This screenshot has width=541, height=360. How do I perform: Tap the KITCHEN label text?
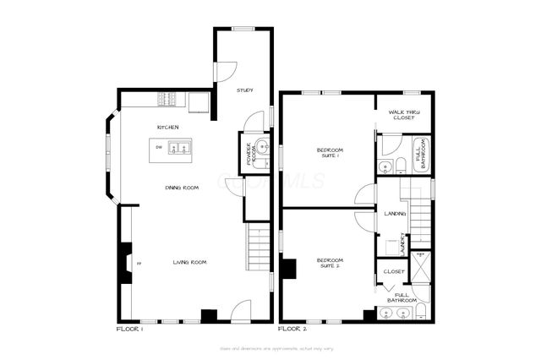click(167, 127)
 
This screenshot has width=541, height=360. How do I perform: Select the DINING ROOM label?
click(182, 187)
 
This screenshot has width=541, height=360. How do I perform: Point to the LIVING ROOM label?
click(189, 262)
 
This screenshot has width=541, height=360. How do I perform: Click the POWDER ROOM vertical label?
click(250, 155)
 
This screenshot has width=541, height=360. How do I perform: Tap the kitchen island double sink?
click(179, 150)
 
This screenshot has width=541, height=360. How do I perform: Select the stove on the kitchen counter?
click(167, 101)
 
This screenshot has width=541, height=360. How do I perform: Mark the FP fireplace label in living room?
click(139, 263)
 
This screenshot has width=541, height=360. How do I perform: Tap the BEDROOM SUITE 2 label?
click(328, 263)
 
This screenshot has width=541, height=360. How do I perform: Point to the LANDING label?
click(395, 214)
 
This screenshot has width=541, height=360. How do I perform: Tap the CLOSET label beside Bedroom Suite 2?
click(394, 271)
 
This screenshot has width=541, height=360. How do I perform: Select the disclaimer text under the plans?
click(270, 347)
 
